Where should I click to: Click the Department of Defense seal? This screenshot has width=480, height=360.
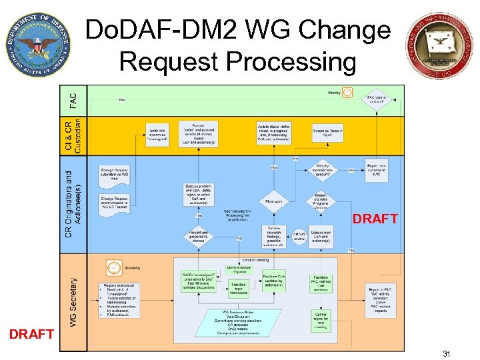point(38,44)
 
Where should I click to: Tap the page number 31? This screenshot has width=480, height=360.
point(446,353)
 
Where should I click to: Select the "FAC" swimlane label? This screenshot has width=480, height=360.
point(73,100)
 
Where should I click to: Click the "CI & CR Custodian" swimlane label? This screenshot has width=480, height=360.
point(73,136)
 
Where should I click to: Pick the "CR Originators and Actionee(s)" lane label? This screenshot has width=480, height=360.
point(73,203)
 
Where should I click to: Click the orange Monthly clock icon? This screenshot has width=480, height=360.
point(347,93)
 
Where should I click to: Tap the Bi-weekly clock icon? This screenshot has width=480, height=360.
point(113,268)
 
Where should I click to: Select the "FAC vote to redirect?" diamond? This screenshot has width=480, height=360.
point(377,100)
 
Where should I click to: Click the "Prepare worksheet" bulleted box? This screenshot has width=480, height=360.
point(117,299)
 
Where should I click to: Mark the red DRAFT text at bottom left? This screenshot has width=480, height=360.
point(31,334)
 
